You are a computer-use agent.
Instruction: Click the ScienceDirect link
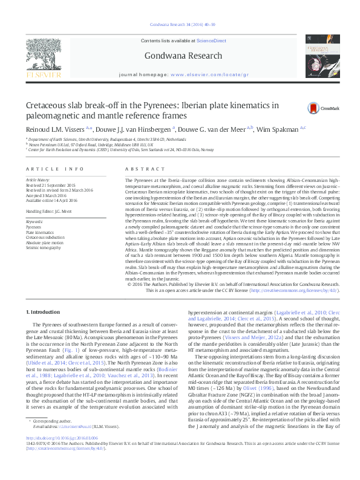click(212, 41)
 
